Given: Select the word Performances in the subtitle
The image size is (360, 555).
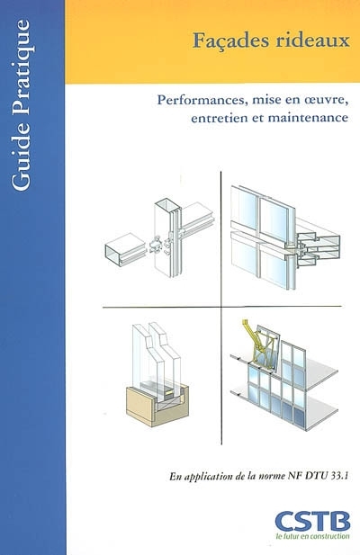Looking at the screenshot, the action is coord(201,100).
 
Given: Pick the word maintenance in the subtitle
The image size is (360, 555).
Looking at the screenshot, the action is coord(308,117).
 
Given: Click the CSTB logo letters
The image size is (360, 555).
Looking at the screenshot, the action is coord(312,522).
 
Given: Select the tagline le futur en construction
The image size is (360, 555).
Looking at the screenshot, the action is coord(312,536).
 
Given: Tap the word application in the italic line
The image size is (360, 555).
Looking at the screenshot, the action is coord(206,477).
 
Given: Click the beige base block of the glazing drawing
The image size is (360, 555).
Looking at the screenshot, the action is coord(157,406).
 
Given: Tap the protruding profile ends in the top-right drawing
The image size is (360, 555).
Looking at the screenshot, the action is coord(318,247).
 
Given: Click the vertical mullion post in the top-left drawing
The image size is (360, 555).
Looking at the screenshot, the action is coord(167,237).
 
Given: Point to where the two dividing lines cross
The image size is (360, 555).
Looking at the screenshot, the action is coord(221,307).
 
